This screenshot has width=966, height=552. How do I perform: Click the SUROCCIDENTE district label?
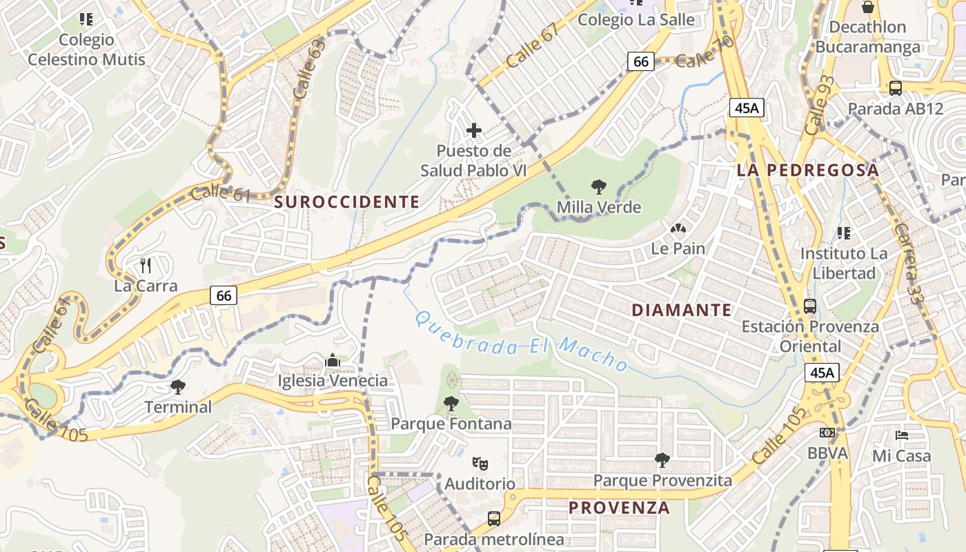(x=347, y=201)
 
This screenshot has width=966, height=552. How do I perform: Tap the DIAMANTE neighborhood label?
(x=681, y=310)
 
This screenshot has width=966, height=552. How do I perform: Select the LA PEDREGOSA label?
(x=807, y=170)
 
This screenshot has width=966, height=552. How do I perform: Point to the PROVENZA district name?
(x=619, y=508)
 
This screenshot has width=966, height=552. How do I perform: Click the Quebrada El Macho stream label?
(x=521, y=342)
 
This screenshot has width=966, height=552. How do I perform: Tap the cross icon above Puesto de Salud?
(x=474, y=130)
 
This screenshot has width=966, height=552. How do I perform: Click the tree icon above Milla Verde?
(x=599, y=186)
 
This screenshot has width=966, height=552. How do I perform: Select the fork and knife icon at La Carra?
(x=146, y=265)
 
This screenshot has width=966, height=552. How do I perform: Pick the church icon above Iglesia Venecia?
(x=333, y=360)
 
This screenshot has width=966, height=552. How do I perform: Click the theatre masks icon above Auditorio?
(x=480, y=463)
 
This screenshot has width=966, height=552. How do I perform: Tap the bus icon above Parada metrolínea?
(x=494, y=518)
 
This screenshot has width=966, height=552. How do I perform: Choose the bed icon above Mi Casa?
(x=901, y=435)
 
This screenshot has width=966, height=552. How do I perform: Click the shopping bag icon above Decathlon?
(x=868, y=8)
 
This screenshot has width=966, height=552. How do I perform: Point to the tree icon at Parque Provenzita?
(x=662, y=459)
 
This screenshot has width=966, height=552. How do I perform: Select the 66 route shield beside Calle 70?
(x=641, y=61)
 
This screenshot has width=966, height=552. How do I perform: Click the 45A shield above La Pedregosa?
(x=747, y=108)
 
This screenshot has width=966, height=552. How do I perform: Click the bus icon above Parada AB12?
(x=896, y=88)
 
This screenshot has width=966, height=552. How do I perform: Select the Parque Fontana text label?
(x=451, y=423)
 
